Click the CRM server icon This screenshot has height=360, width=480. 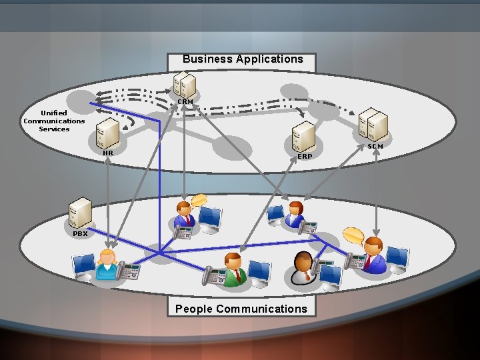click(184, 84)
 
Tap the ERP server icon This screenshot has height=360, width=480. click(303, 137)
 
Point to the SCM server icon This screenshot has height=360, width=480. click(373, 125)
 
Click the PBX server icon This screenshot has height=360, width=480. click(81, 212)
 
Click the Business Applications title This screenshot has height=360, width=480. click(243, 59)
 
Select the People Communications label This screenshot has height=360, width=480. click(241, 309)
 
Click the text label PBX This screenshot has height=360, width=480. click(80, 234)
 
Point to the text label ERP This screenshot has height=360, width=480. click(305, 156)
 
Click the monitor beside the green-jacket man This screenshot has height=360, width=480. click(259, 271)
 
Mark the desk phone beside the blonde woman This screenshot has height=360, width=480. click(130, 271)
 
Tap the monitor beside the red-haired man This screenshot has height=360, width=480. click(397, 257)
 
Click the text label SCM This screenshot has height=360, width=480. click(375, 145)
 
